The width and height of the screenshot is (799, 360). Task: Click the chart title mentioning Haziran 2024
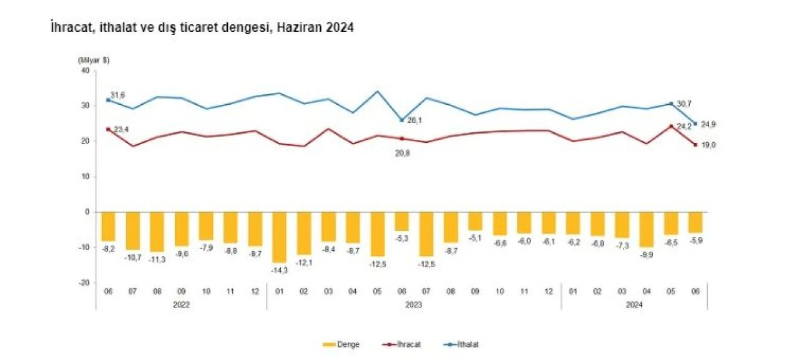click(x=202, y=28)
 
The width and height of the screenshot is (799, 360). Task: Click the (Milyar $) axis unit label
click(x=94, y=60)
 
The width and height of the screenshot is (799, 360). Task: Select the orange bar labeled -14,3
click(x=280, y=237)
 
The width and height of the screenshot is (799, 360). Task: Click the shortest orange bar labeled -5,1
click(x=475, y=221)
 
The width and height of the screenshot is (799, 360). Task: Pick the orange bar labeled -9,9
click(x=646, y=230)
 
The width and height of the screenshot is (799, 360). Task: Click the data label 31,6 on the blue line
click(x=117, y=94)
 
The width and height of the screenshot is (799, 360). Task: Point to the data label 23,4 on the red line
click(x=121, y=129)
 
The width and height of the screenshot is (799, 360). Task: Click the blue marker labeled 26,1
click(x=402, y=120)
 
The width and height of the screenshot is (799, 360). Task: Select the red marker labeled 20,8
click(x=402, y=139)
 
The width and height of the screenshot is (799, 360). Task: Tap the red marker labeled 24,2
click(x=671, y=126)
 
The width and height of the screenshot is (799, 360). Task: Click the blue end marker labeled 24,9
click(x=695, y=124)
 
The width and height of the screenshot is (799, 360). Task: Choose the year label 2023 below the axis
click(x=414, y=305)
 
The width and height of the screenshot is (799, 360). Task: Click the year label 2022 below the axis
click(x=182, y=305)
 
